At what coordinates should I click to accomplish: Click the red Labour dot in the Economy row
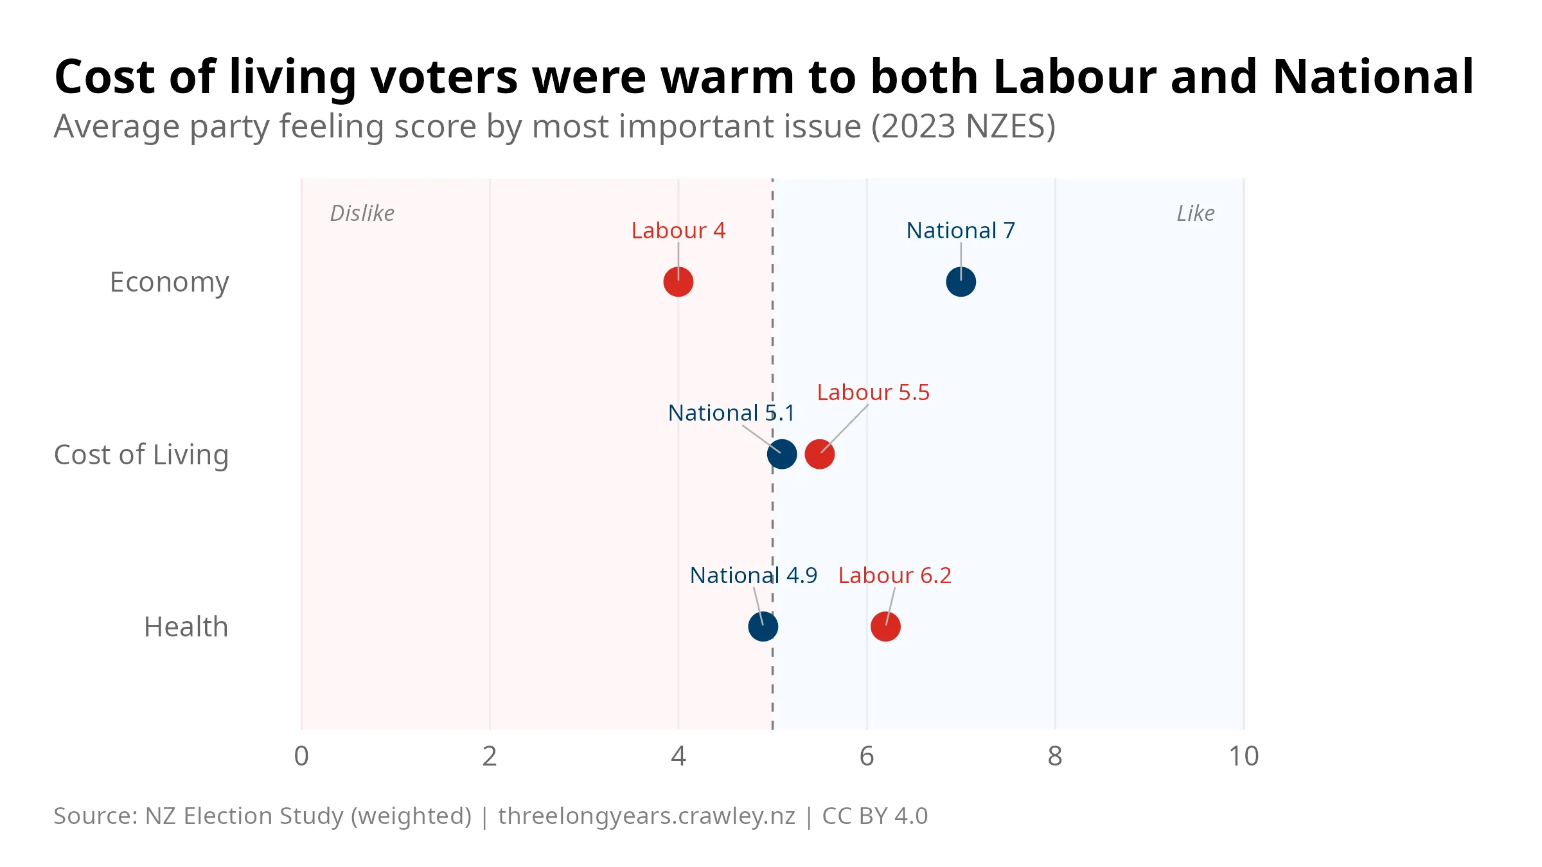click(678, 282)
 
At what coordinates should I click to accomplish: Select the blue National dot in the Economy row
click(961, 282)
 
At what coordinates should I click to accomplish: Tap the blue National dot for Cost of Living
click(781, 454)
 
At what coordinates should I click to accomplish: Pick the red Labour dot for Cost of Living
click(819, 454)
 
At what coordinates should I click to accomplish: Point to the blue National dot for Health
click(763, 626)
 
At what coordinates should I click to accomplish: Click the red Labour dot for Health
click(885, 626)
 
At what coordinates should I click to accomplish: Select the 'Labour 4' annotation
click(678, 231)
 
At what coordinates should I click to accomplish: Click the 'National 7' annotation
click(960, 231)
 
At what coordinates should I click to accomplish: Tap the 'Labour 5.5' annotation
click(873, 392)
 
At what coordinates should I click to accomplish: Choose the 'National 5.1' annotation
click(731, 413)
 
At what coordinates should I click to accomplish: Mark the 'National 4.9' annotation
click(753, 575)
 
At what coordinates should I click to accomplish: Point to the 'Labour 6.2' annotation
click(894, 575)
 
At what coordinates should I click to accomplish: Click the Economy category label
click(169, 283)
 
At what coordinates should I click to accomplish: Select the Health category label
click(186, 627)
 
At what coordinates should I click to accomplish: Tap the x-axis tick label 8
click(1054, 757)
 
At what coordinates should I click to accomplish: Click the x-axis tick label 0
click(301, 757)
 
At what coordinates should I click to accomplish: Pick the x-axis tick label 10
click(1243, 757)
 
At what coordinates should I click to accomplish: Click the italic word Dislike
click(362, 213)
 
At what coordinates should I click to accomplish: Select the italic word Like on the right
click(1195, 213)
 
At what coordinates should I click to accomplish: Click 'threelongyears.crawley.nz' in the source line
click(646, 816)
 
